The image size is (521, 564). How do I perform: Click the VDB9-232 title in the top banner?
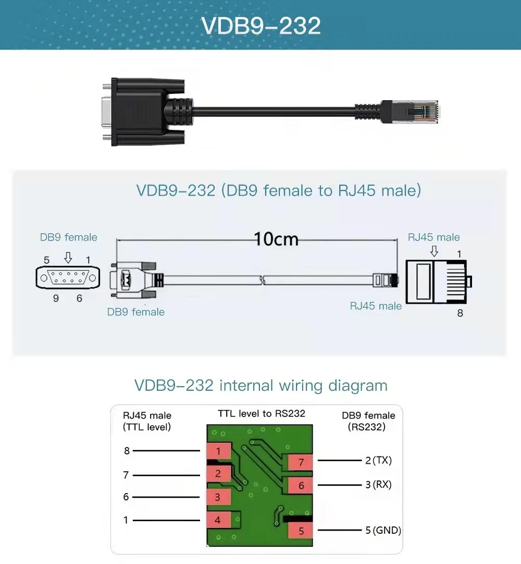click(260, 26)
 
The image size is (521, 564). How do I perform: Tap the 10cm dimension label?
click(276, 239)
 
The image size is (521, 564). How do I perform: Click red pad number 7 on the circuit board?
click(301, 462)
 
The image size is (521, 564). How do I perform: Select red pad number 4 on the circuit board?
click(218, 520)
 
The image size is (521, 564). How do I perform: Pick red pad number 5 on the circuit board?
click(301, 531)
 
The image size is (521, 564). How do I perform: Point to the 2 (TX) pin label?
click(378, 460)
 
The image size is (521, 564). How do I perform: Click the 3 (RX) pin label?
click(378, 485)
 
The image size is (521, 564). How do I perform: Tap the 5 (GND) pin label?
click(383, 530)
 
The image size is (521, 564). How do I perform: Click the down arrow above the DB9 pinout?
click(68, 258)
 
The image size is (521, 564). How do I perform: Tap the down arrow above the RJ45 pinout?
click(434, 251)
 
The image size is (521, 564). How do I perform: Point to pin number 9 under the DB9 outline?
click(56, 298)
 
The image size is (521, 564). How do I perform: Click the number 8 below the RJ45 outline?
click(460, 313)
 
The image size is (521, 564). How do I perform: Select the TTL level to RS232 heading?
click(262, 414)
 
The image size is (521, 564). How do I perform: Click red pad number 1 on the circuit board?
click(218, 451)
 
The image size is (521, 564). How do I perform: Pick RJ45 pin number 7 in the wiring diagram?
click(126, 475)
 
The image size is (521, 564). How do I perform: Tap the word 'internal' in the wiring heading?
click(246, 386)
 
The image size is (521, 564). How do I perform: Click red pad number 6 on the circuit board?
click(301, 486)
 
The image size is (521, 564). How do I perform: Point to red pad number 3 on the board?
click(218, 497)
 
